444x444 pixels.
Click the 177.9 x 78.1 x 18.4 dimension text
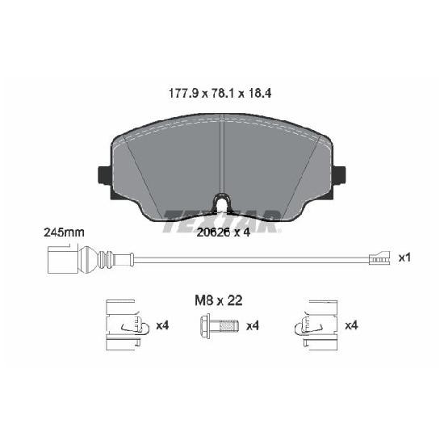(220, 93)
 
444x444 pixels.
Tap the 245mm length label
(65, 232)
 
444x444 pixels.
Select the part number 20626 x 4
(224, 232)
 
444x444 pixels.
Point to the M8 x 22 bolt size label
(219, 300)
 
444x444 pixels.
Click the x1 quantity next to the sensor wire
(404, 258)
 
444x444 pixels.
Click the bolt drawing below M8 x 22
(219, 326)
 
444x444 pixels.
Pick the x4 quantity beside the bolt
(253, 326)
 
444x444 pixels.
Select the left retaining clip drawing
(127, 325)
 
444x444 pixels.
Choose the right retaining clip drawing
(316, 325)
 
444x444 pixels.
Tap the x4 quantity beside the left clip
(162, 325)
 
